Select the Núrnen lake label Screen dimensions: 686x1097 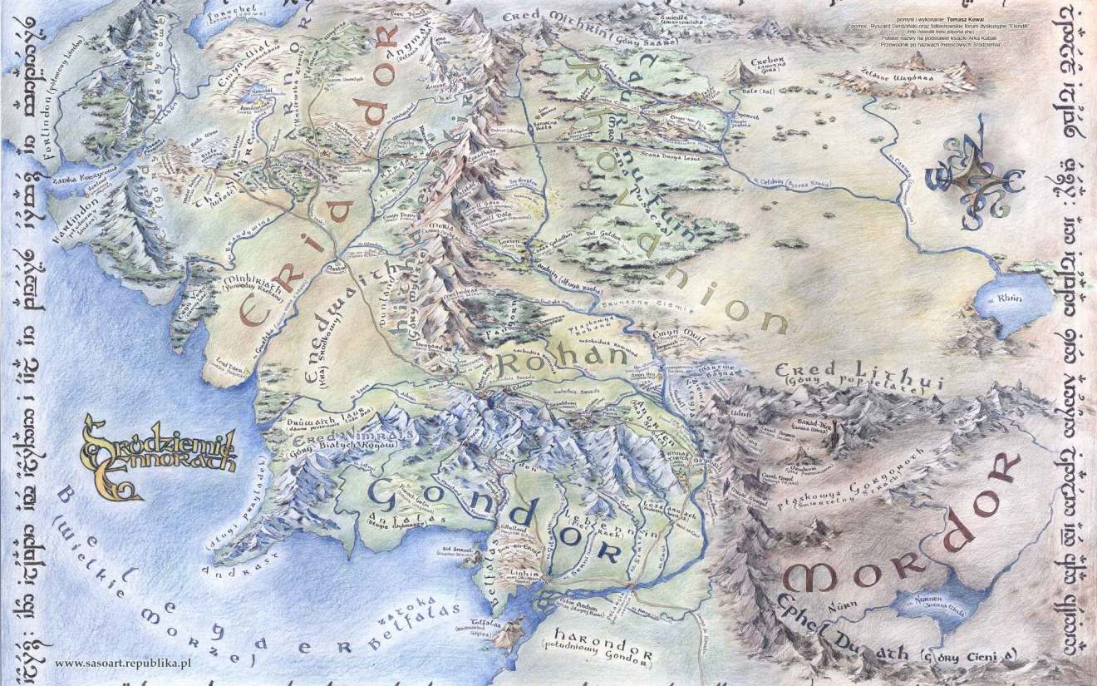(x=929, y=600)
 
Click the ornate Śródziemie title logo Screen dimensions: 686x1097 (x=158, y=450)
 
